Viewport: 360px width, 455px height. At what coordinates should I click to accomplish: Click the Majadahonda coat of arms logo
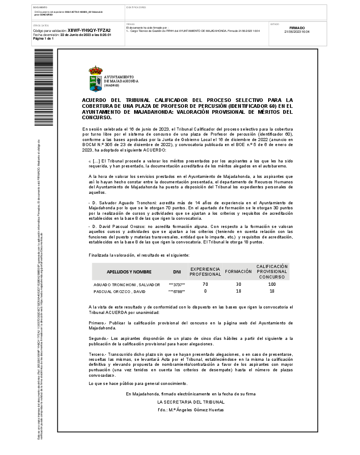(95, 79)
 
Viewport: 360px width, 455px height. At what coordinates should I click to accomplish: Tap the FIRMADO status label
(297, 28)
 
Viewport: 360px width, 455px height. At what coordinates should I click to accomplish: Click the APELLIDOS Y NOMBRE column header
(129, 272)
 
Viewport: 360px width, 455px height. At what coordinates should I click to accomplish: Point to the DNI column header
(177, 272)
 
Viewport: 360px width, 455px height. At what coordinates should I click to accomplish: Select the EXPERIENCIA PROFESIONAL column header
(205, 272)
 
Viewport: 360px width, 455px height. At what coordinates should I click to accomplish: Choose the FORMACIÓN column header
(238, 271)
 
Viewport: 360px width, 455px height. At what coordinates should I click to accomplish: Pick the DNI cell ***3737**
(177, 284)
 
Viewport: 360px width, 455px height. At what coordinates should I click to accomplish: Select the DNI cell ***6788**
(177, 291)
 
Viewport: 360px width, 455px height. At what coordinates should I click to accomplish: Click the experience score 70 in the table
(205, 284)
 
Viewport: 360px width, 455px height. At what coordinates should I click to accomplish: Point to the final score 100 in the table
(272, 284)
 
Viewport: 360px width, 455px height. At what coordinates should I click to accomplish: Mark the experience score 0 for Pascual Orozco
(205, 291)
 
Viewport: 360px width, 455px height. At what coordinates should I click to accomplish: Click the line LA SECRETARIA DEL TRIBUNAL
(191, 402)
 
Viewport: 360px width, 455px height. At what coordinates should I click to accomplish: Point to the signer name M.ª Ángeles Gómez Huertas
(191, 409)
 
